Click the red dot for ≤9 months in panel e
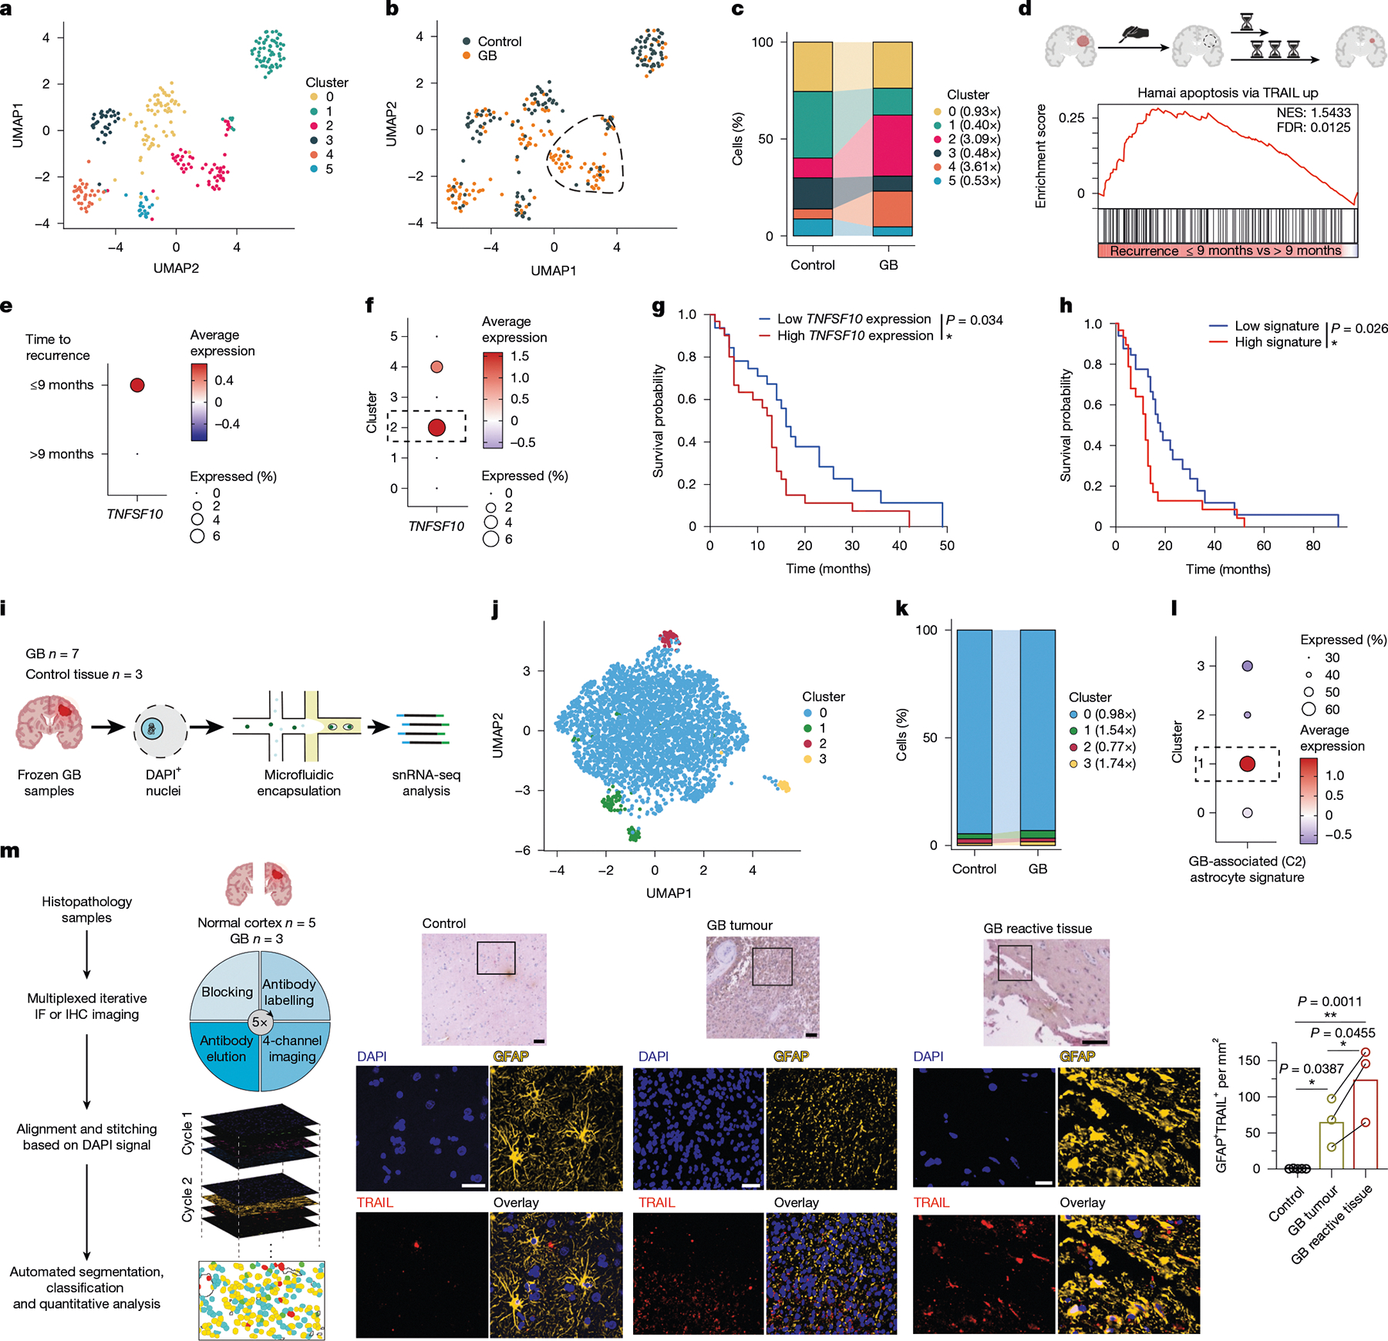tap(137, 385)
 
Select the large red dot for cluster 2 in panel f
tap(436, 427)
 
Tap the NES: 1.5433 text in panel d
tap(1313, 113)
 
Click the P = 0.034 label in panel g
tap(974, 320)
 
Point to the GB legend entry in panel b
tap(487, 55)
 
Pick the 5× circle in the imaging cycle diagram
tap(260, 1023)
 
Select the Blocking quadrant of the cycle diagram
tap(227, 992)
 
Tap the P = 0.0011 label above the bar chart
tap(1329, 1001)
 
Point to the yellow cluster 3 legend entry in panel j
tap(822, 759)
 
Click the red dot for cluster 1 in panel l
tap(1247, 764)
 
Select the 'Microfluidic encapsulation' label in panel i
tap(298, 782)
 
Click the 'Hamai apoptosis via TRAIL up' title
tap(1228, 93)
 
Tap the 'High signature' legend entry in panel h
tap(1277, 341)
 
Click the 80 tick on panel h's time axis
tap(1313, 546)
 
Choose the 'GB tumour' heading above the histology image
tap(739, 925)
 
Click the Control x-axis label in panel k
tap(974, 869)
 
